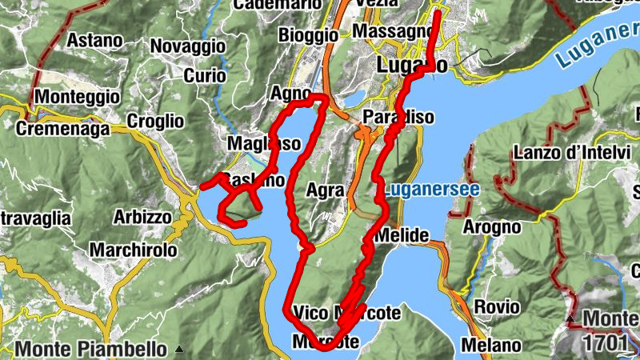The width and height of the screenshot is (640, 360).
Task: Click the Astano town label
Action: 94,39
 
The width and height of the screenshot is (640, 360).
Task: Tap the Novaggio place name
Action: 186,46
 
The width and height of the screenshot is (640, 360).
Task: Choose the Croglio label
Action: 155,122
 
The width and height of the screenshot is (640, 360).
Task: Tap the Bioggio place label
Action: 308,35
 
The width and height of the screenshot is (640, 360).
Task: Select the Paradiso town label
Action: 398,117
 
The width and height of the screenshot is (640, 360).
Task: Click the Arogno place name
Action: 491,227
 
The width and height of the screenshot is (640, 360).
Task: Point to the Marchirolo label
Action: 133,250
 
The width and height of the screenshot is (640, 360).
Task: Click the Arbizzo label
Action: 142,217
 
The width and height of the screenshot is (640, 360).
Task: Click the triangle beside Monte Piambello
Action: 179,349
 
